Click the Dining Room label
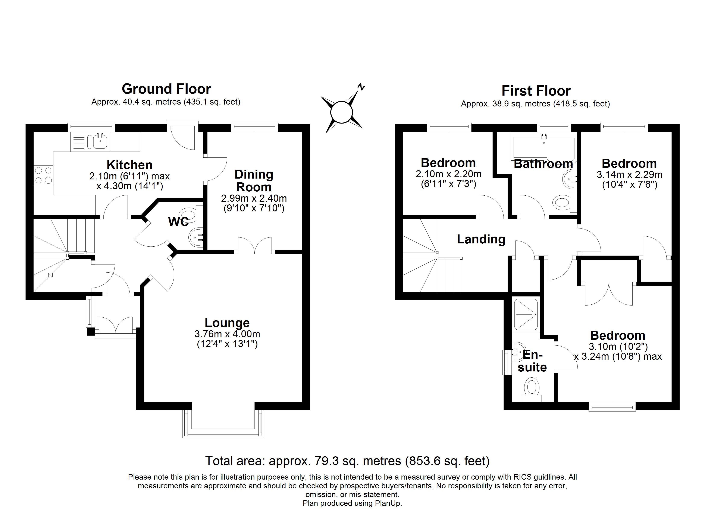pyautogui.click(x=254, y=181)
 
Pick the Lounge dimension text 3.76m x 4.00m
pyautogui.click(x=227, y=334)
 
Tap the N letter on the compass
pyautogui.click(x=361, y=87)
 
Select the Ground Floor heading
pyautogui.click(x=166, y=89)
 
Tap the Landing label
pyautogui.click(x=481, y=239)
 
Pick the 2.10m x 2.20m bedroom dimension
pyautogui.click(x=448, y=174)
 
